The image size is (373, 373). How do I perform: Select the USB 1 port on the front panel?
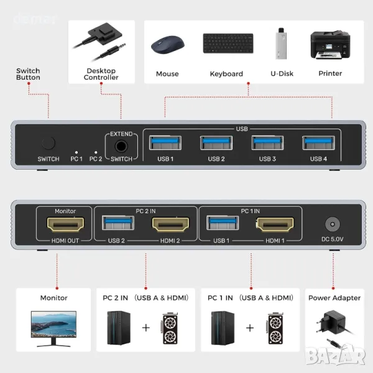(x=165, y=143)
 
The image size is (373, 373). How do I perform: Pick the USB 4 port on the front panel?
(x=318, y=143)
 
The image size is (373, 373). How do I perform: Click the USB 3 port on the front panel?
(x=267, y=143)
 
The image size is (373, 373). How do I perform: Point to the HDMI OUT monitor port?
(x=65, y=224)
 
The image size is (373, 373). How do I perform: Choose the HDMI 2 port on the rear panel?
(x=172, y=224)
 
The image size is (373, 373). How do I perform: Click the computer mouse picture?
(x=167, y=45)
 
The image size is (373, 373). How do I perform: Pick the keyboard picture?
(x=228, y=43)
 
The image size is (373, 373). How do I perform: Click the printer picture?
(x=330, y=45)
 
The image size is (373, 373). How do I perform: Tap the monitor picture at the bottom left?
(x=53, y=328)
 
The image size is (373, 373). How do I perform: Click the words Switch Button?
(x=28, y=75)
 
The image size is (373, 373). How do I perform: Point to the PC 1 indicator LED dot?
(x=76, y=151)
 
